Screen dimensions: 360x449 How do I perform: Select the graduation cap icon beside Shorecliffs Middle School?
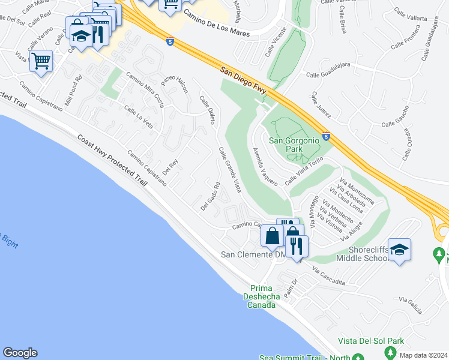pos(399,249)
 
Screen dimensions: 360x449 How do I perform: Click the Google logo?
pos(20,353)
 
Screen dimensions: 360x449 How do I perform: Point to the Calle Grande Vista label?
pos(230,170)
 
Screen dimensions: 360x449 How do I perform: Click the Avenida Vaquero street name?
pos(265,166)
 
